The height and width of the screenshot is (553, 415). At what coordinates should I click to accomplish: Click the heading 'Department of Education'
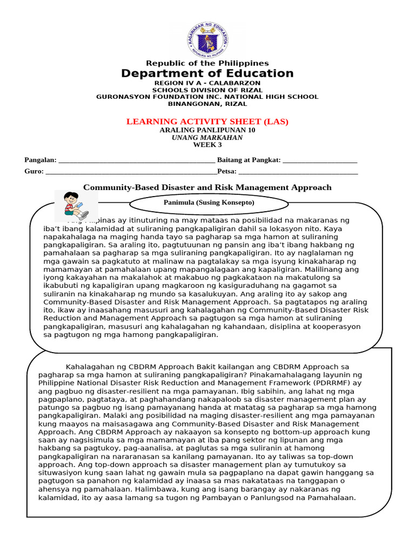207,73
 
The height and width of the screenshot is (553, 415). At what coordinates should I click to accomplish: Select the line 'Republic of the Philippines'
207,63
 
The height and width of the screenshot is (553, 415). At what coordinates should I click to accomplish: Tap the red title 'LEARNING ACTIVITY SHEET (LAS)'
207,122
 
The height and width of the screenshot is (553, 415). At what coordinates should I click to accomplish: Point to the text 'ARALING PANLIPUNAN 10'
207,130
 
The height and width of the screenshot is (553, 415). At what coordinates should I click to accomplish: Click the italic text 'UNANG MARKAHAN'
207,137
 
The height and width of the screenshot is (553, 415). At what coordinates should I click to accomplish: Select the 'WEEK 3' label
207,145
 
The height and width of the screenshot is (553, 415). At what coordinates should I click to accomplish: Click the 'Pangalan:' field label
41,160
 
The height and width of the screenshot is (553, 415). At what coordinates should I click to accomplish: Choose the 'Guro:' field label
34,171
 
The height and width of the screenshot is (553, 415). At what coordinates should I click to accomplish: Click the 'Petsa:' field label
227,171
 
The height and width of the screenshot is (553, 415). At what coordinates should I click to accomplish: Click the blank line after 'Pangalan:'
136,160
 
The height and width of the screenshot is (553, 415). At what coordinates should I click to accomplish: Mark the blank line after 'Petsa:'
298,172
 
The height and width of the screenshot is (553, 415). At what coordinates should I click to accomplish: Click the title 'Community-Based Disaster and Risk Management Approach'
207,187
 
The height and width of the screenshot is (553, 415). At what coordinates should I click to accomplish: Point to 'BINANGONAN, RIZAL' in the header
207,104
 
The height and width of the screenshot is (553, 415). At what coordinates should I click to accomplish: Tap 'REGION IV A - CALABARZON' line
207,83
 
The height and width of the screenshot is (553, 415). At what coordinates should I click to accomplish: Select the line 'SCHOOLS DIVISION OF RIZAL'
207,90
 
